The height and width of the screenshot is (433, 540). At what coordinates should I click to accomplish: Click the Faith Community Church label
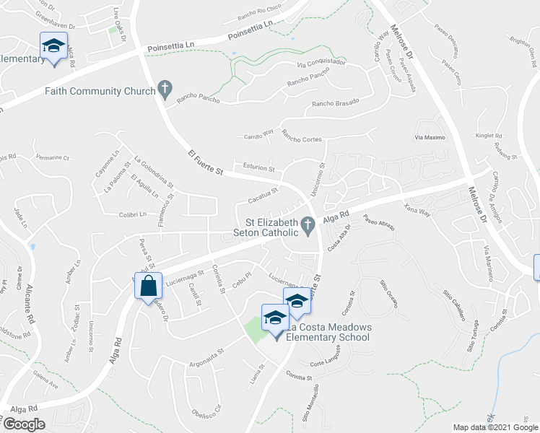click(100, 91)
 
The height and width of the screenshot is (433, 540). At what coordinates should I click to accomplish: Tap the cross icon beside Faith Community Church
click(165, 90)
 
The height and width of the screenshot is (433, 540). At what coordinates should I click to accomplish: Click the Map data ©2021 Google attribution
click(495, 427)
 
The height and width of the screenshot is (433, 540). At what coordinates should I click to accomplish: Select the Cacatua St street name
click(263, 195)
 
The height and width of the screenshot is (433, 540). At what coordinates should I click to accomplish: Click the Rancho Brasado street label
click(335, 104)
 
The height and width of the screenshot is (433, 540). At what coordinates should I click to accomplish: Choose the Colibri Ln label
click(133, 214)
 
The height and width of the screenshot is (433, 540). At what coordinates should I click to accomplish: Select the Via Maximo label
click(428, 137)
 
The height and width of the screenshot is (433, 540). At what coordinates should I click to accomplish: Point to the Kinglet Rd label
click(489, 135)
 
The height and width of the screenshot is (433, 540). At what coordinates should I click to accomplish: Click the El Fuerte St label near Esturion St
click(206, 165)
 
